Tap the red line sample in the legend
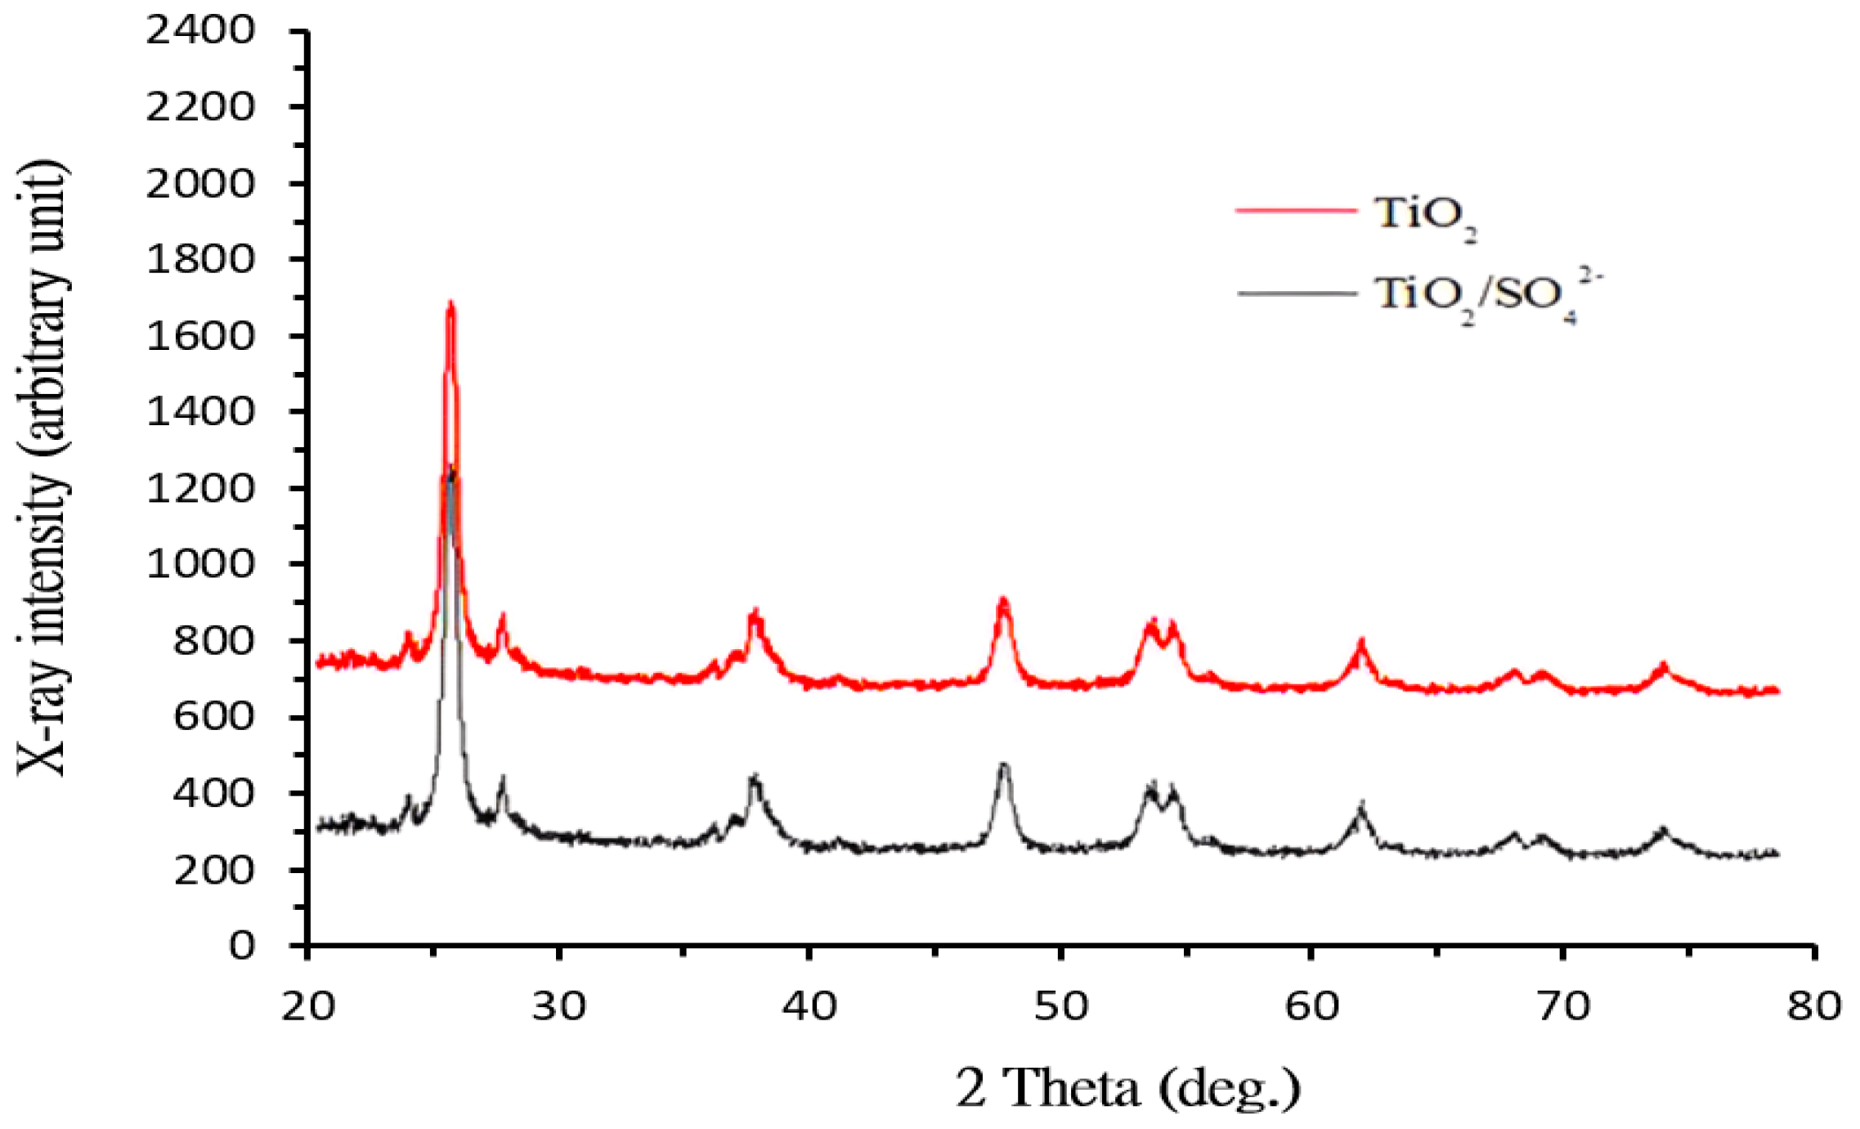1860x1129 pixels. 1295,210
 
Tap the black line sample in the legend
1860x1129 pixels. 1295,293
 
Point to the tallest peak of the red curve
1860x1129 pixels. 450,306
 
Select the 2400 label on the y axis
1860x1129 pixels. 200,31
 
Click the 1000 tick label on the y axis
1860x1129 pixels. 200,564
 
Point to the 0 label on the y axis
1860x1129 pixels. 242,946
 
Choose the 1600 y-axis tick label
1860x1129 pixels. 200,336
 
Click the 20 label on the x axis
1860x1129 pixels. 308,1006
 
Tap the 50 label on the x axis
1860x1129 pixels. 1060,1006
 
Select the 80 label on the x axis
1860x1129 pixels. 1813,1006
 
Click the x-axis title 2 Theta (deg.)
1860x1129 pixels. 1128,1088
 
